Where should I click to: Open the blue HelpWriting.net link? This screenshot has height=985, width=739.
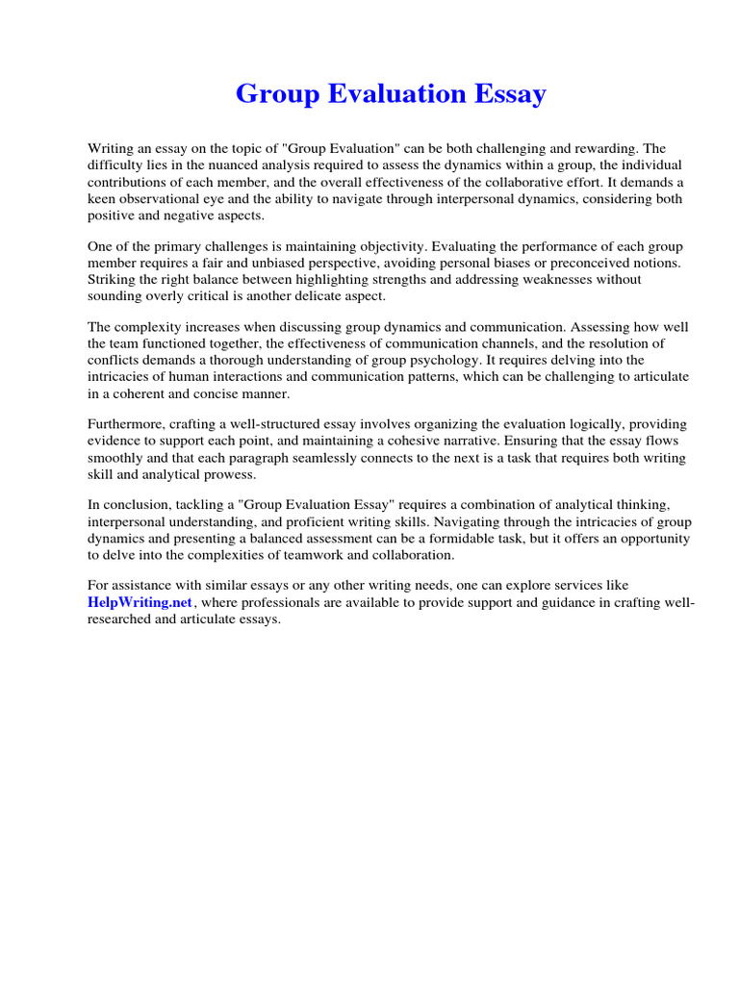point(140,602)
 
